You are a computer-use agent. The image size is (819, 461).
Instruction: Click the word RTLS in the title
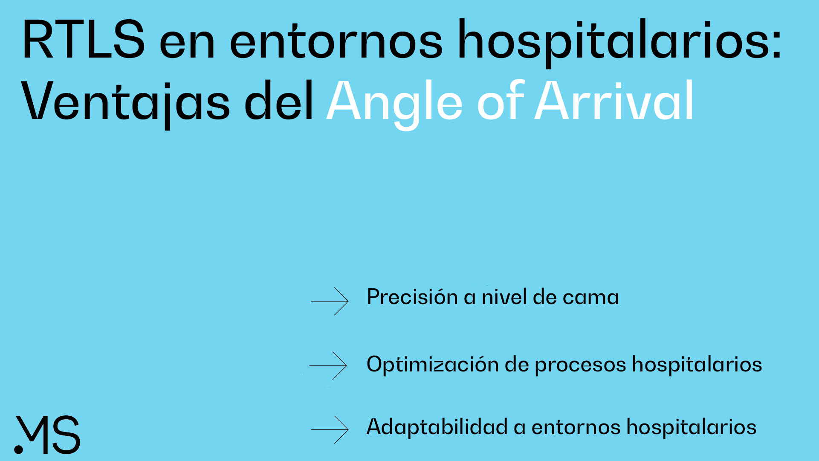click(x=84, y=39)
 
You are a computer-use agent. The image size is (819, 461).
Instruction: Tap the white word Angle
click(x=394, y=102)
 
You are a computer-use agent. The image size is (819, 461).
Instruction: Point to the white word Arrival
click(x=614, y=101)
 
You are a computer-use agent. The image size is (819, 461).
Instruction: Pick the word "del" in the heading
click(x=279, y=101)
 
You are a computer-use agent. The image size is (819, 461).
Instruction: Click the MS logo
click(x=47, y=435)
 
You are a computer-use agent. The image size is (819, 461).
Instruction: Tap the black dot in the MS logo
click(x=19, y=449)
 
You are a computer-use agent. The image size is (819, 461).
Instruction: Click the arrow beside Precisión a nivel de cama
click(x=330, y=301)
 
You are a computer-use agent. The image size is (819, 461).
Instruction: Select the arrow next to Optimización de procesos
click(x=328, y=365)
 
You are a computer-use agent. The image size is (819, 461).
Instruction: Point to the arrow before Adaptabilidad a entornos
click(x=330, y=429)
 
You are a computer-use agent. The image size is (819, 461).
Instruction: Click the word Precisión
click(x=412, y=296)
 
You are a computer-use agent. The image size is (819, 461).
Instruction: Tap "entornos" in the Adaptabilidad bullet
click(x=576, y=428)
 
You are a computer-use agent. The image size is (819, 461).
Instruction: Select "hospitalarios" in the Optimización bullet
click(x=697, y=365)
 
